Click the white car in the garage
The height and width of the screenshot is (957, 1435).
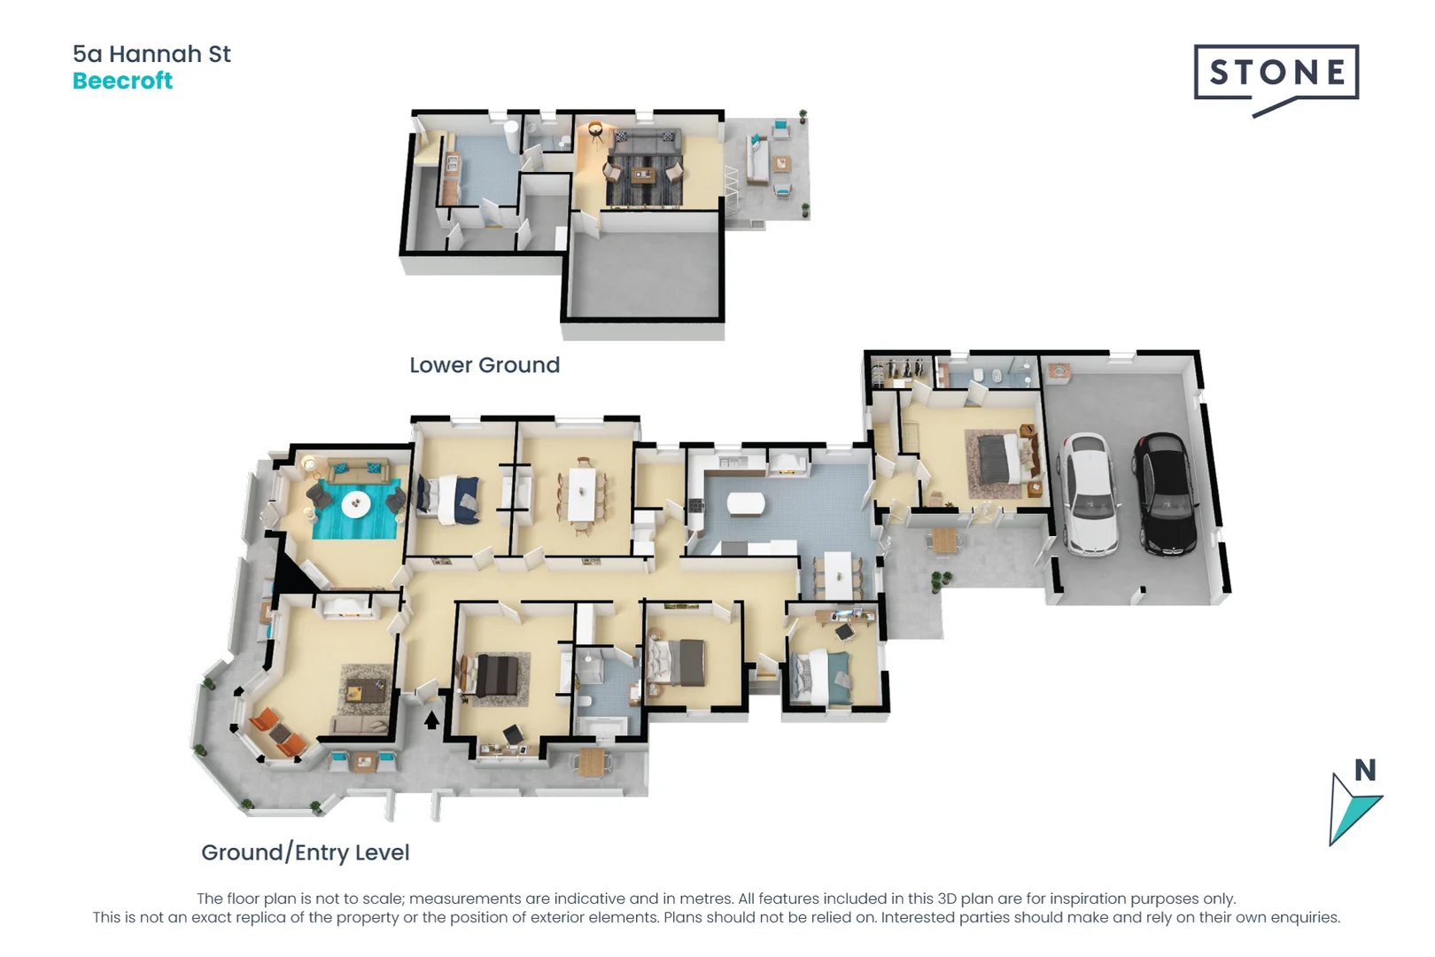pos(1088,494)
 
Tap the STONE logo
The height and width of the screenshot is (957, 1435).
pos(1276,73)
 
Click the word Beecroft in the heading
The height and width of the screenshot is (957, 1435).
pos(122,81)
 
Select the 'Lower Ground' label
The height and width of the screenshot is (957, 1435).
pos(485,365)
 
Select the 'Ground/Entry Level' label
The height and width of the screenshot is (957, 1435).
pos(305,852)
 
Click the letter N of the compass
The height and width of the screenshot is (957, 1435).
pos(1365,771)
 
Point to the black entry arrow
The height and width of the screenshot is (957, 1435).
pos(431,720)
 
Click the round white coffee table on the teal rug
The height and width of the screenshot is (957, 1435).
pos(356,504)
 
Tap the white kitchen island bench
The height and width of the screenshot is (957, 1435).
pos(746,504)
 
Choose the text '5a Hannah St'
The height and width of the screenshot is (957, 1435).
pos(151,54)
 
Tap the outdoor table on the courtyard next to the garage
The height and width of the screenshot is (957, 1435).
pos(945,540)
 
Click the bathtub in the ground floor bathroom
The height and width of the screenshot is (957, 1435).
pos(602,728)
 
